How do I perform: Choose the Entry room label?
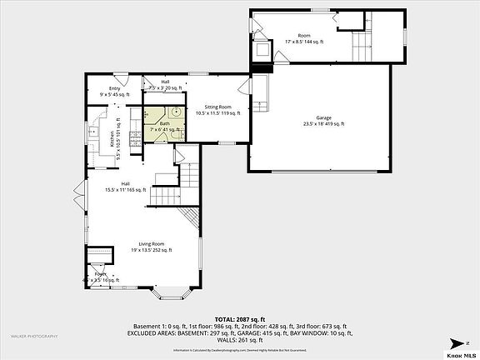(x=113, y=89)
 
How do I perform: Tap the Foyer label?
(x=100, y=274)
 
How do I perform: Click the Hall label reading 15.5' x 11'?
(x=124, y=184)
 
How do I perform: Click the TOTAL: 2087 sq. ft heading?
(x=239, y=319)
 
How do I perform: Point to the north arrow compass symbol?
(x=457, y=342)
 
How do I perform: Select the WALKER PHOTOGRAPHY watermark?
(x=34, y=336)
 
